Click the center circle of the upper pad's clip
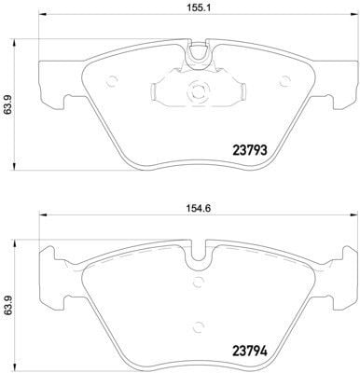point(196,92)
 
